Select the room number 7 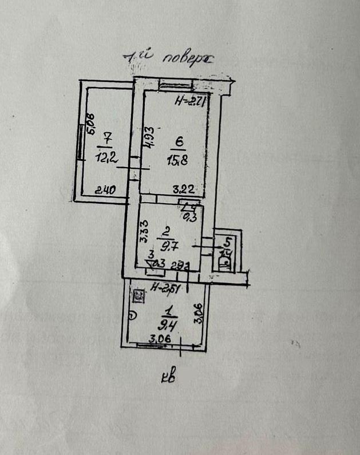coord(107,137)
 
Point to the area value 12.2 coord(107,160)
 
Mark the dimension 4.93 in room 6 coord(148,137)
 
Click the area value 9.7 coord(169,248)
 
